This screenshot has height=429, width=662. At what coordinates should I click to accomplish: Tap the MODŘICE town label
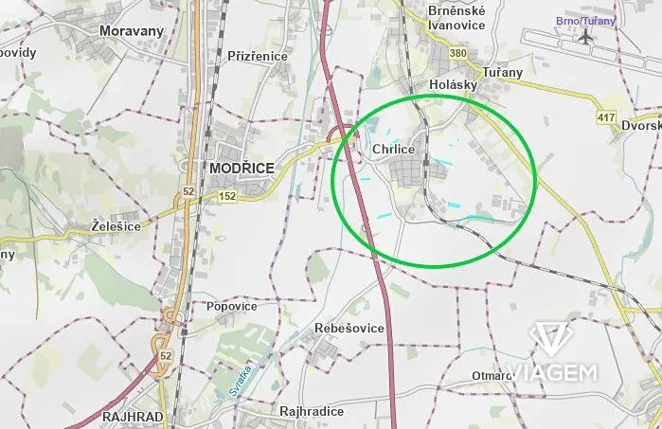click(x=239, y=168)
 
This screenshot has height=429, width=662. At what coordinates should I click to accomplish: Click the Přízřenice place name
click(x=258, y=56)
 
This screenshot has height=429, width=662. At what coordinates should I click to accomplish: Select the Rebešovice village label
click(x=349, y=328)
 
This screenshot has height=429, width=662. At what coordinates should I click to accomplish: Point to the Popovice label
click(x=232, y=307)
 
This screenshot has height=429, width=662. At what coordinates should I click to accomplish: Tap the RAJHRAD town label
click(x=134, y=416)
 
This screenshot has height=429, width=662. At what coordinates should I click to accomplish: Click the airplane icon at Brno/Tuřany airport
click(x=587, y=37)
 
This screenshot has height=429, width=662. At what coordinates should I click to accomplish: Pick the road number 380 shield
click(x=458, y=54)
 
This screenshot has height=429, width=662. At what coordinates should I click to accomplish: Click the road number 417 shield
click(x=606, y=117)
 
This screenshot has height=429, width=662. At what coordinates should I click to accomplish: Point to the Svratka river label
click(x=241, y=380)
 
